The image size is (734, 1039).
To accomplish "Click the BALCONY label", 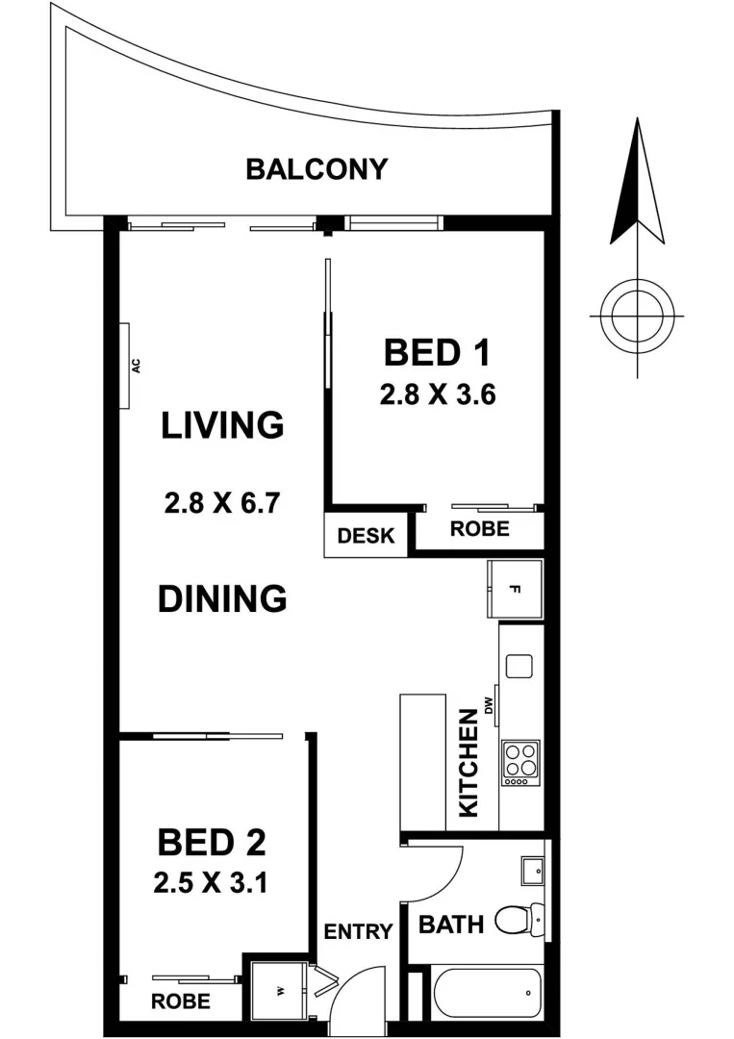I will coord(316,169).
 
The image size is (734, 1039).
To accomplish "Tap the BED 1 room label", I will coord(437,353).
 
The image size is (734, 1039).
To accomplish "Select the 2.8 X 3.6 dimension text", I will coord(437,394).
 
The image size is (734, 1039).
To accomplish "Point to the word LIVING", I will coord(222,424).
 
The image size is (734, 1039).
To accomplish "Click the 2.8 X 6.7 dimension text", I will coord(221,503).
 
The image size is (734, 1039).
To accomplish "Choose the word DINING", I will coord(222,598).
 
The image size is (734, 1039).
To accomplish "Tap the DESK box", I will coord(366,536).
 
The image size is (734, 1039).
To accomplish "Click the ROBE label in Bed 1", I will coord(480,529).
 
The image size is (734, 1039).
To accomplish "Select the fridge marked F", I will coord(515,589).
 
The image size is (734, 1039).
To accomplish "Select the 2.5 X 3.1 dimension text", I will coord(210,882).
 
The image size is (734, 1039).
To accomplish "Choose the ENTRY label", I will coord(358,931).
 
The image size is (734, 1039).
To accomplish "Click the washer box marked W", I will coord(278,991).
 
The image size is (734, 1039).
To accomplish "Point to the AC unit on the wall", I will coord(125,365).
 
